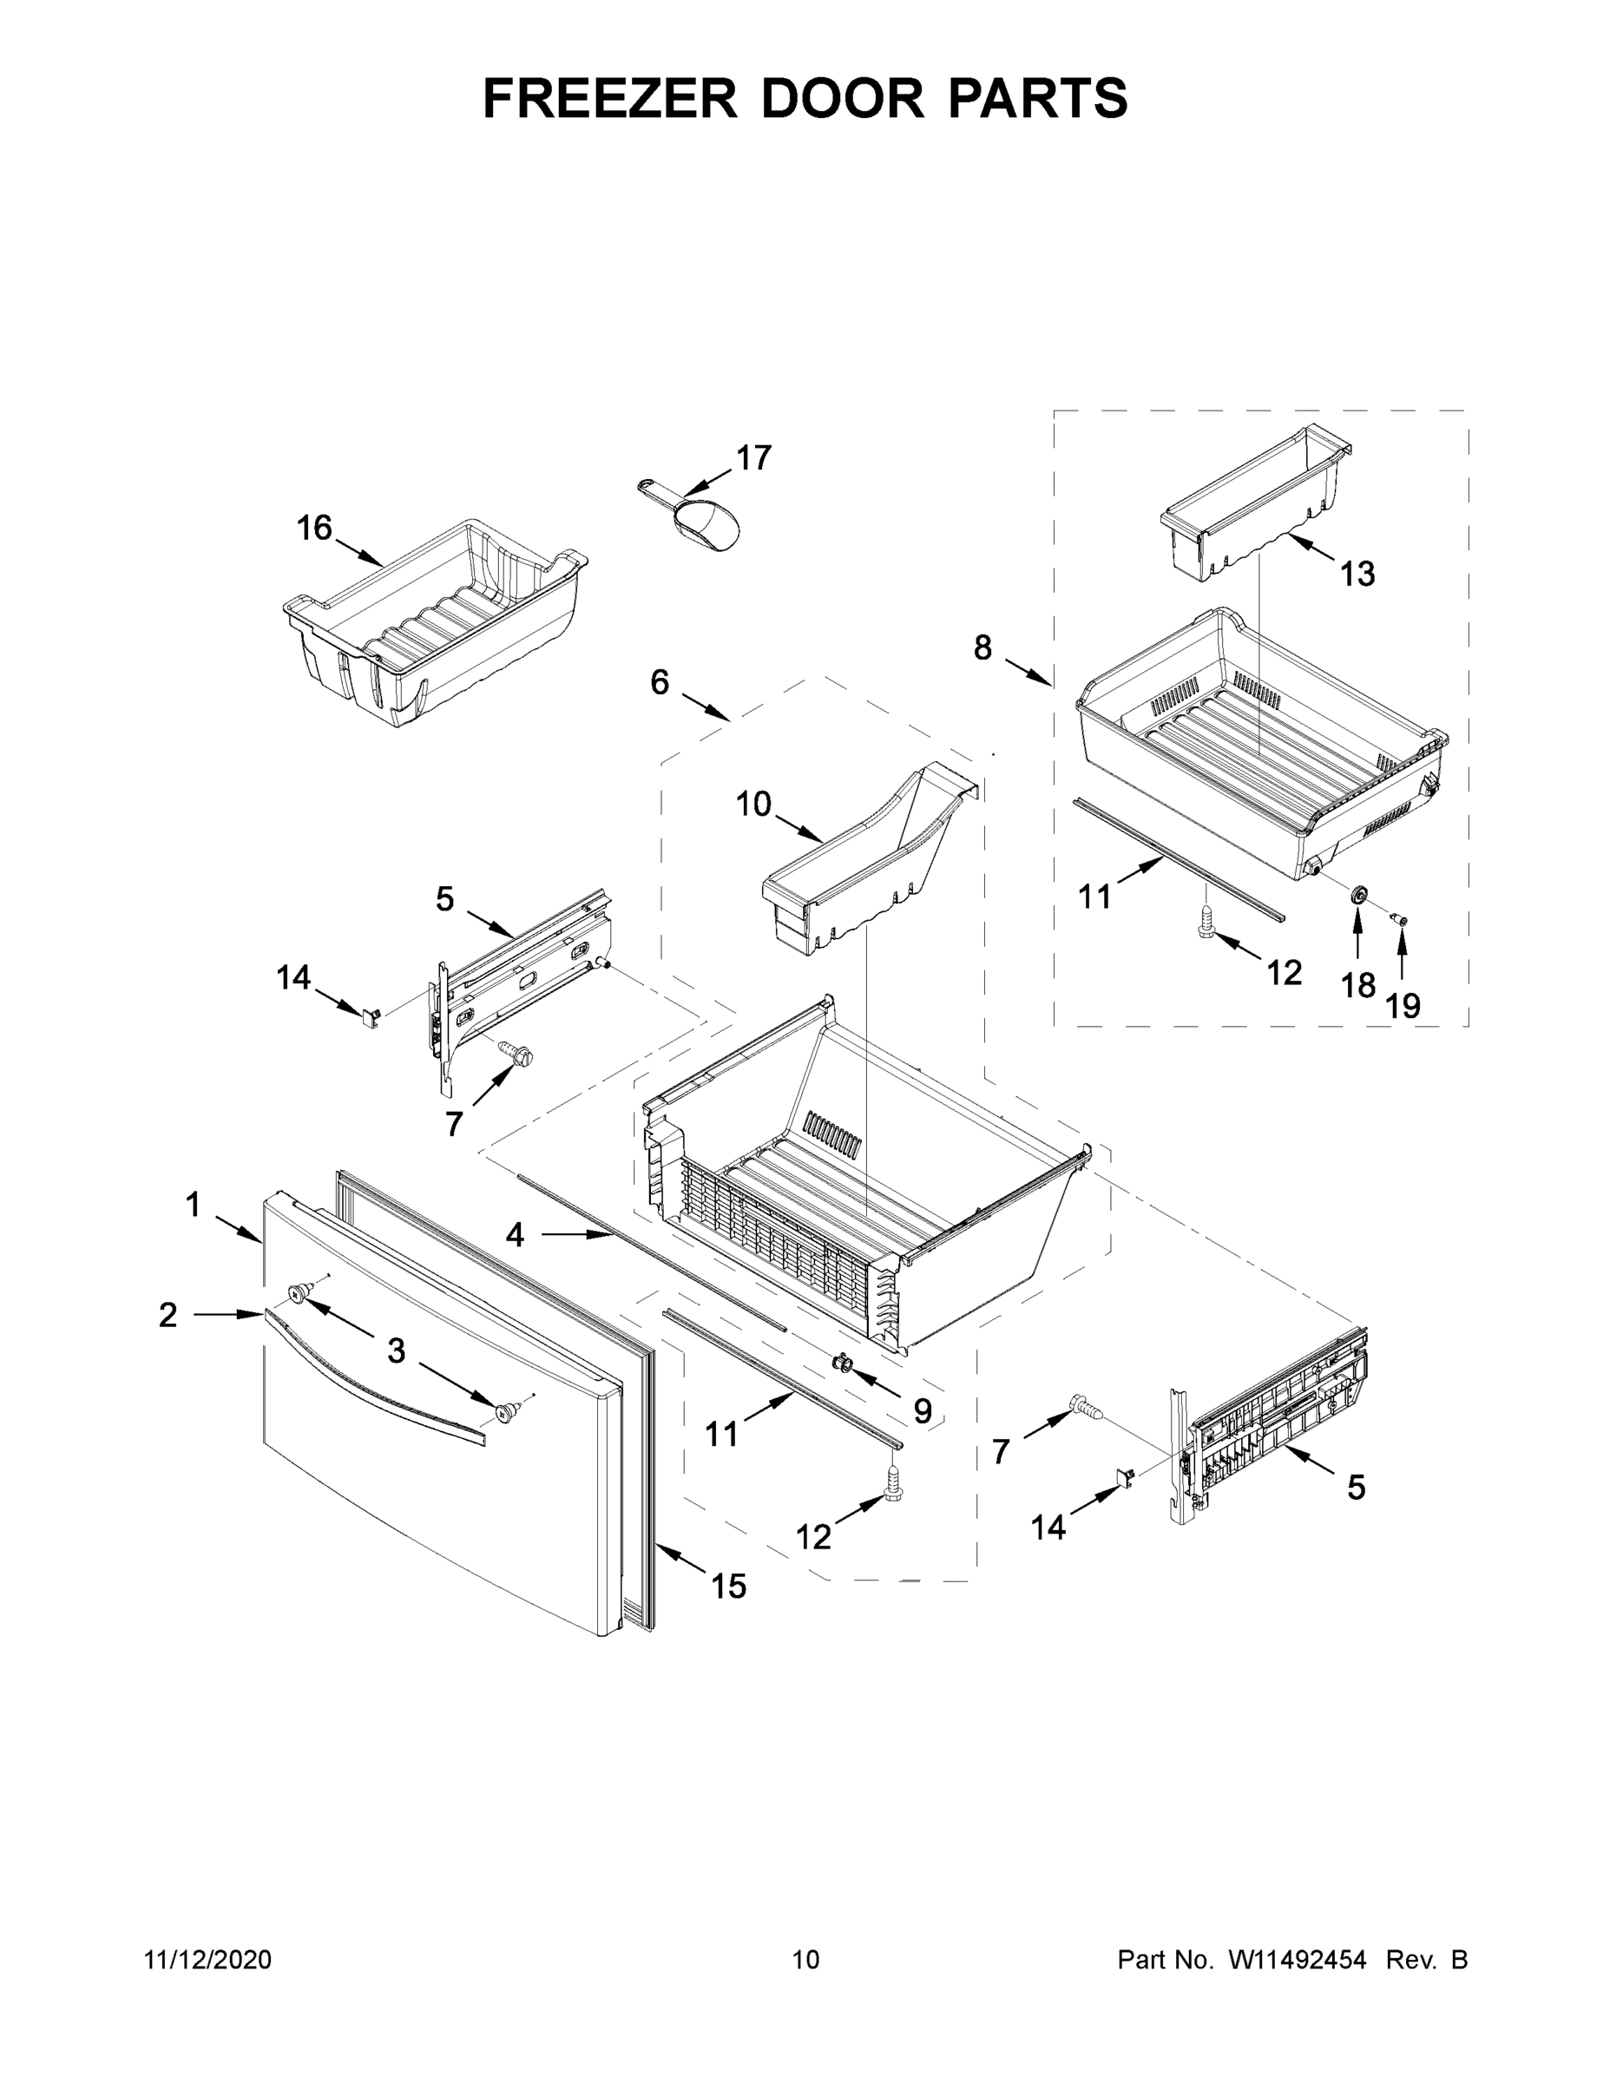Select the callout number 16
click(314, 528)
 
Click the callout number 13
click(1357, 575)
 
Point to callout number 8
click(983, 647)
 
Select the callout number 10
click(753, 804)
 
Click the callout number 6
click(659, 682)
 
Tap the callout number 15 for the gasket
click(729, 1586)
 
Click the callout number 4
click(515, 1235)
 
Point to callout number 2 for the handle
click(168, 1315)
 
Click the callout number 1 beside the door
click(193, 1205)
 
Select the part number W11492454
click(1298, 1960)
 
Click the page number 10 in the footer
click(806, 1960)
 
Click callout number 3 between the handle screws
click(396, 1350)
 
